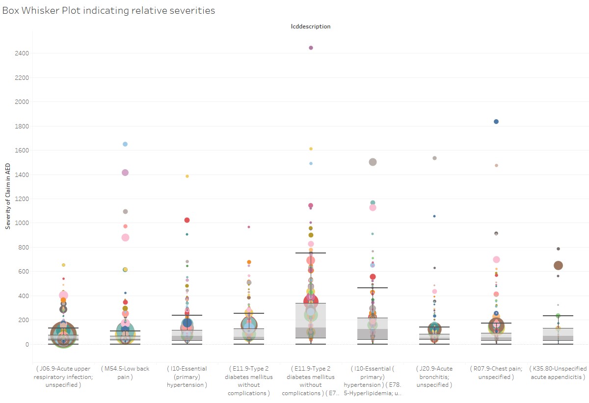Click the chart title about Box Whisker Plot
[x=108, y=10]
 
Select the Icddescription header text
[x=311, y=26]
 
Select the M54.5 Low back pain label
[x=125, y=373]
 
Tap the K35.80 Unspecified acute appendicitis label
[x=558, y=373]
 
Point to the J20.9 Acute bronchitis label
[x=434, y=377]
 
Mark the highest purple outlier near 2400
[x=311, y=48]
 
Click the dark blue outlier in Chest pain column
[x=496, y=122]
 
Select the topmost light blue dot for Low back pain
[x=125, y=144]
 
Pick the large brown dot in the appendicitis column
[x=558, y=265]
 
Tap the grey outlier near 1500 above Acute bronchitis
[x=434, y=158]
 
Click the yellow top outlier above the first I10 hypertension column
[x=187, y=176]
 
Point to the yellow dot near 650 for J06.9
[x=63, y=265]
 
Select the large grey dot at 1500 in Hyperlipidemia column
[x=373, y=162]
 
